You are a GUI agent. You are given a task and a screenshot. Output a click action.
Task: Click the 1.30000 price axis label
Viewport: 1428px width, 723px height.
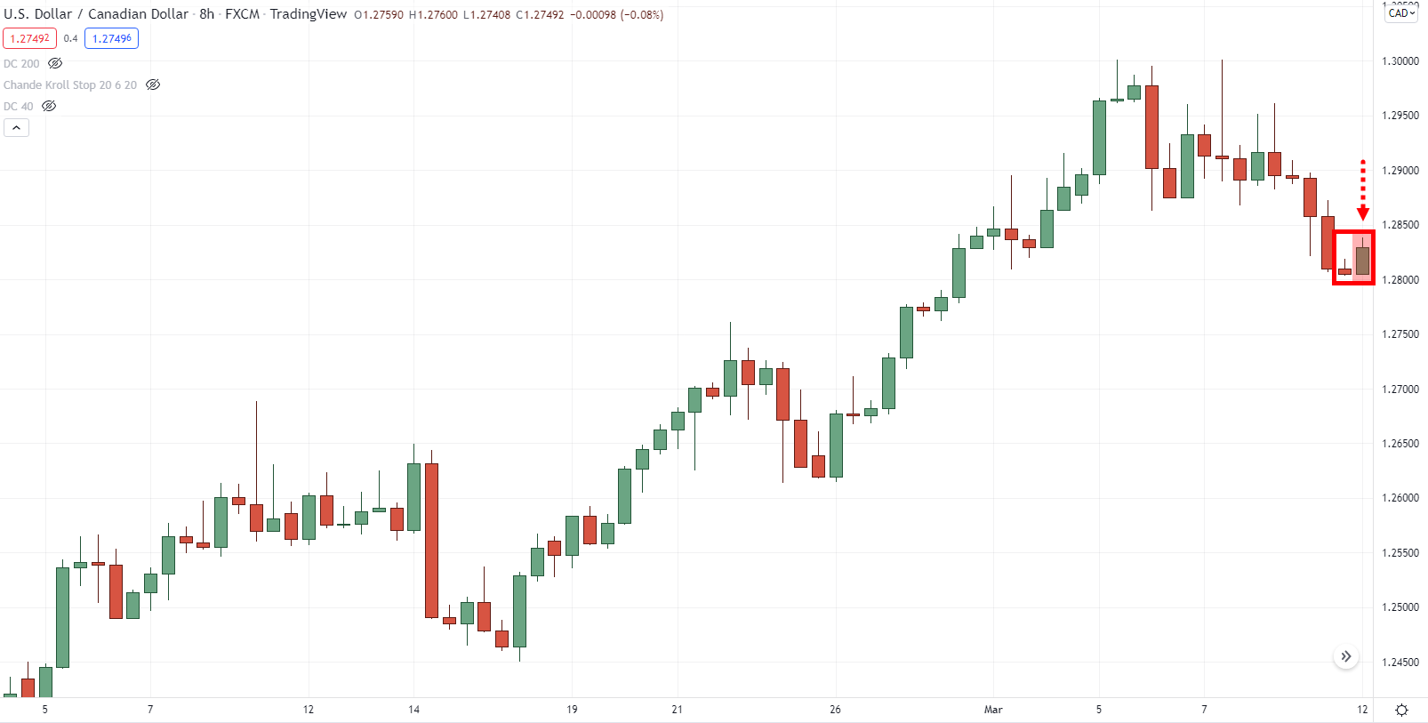(x=1400, y=61)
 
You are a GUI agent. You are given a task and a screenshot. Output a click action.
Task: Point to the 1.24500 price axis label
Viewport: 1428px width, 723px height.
(x=1400, y=663)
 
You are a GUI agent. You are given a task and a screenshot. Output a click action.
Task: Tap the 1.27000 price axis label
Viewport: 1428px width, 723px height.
(x=1400, y=390)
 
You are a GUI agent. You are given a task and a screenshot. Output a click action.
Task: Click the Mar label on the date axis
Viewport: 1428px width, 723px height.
(x=993, y=710)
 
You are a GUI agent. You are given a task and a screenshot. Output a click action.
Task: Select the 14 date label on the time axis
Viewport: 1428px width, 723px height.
(x=413, y=710)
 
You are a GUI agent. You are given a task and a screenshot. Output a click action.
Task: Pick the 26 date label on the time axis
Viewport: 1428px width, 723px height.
(x=835, y=710)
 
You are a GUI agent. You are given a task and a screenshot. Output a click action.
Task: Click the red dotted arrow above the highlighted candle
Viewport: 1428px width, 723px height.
(x=1362, y=189)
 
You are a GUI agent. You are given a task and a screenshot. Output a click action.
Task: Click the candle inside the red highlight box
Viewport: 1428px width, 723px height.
(x=1362, y=261)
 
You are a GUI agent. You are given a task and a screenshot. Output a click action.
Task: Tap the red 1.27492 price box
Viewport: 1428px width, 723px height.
(x=29, y=38)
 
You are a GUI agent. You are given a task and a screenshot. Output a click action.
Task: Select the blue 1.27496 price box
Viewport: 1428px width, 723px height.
(x=112, y=38)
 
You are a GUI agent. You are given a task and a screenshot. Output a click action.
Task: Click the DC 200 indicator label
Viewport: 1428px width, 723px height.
(x=21, y=64)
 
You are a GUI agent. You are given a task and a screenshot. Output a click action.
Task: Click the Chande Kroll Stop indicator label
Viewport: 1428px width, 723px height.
(x=70, y=85)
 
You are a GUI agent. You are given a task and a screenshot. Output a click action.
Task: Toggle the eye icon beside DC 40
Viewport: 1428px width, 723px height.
(x=50, y=107)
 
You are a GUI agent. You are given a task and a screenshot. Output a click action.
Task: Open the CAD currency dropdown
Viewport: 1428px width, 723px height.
(x=1401, y=13)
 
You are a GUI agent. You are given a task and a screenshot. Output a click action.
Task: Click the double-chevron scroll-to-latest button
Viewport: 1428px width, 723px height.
(x=1346, y=656)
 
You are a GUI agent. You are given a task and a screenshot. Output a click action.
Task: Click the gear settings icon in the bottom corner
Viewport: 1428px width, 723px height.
(x=1401, y=710)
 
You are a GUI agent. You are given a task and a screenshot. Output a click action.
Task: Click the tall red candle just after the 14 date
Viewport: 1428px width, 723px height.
(x=432, y=540)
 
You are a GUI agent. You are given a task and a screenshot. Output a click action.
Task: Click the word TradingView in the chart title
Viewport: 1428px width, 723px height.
(x=308, y=14)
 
